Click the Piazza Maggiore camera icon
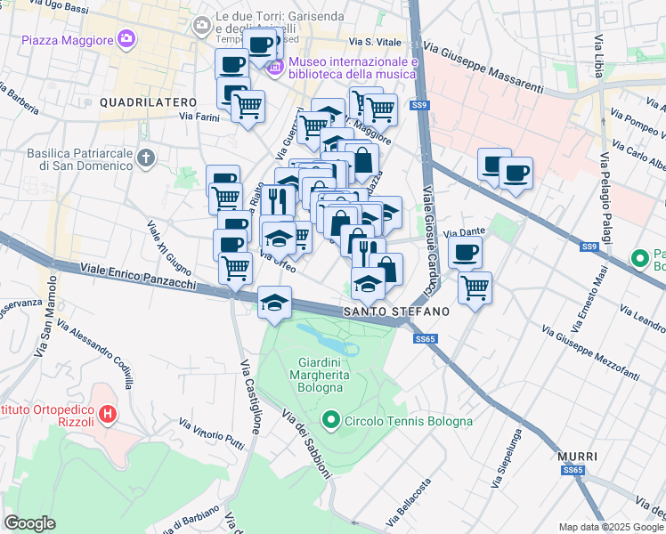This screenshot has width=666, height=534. tap(126, 39)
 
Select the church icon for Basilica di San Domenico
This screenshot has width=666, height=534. tap(147, 158)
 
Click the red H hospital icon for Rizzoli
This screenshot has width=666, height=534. tap(108, 413)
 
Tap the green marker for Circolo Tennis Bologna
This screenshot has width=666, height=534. tap(331, 419)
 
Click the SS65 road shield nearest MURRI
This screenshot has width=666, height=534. tap(573, 471)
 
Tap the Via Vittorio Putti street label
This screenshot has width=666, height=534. tap(212, 433)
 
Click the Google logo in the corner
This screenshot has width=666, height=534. tap(29, 523)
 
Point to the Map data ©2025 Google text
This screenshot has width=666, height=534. tap(611, 527)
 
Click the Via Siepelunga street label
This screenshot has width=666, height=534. tap(505, 460)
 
